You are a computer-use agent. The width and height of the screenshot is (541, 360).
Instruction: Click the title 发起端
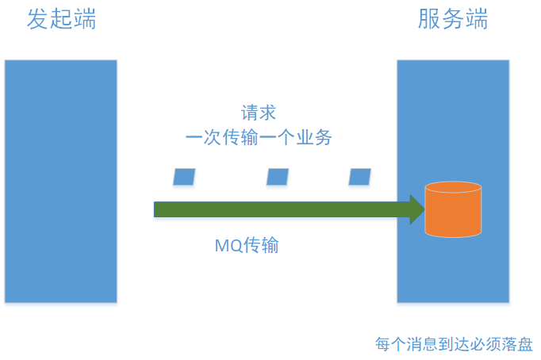(62, 19)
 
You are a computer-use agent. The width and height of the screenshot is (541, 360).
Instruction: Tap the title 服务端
(453, 19)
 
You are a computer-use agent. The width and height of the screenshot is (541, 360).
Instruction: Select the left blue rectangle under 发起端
(60, 181)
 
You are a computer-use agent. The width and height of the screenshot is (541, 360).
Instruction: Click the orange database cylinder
(453, 210)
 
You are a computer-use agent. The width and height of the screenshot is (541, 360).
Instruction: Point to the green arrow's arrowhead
(417, 209)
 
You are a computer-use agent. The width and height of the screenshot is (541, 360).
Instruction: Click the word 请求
(259, 113)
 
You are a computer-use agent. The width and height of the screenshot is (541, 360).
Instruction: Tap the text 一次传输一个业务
(259, 137)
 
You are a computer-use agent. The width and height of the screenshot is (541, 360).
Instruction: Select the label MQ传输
(247, 245)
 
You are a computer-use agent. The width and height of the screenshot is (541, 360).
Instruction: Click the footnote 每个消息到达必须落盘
(454, 344)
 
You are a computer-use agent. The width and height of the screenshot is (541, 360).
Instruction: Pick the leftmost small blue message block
(184, 177)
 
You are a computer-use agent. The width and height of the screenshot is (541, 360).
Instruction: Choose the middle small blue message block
(278, 177)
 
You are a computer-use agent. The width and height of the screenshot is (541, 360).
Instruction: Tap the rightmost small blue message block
(360, 177)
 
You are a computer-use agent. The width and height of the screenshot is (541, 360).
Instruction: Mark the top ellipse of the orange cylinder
(453, 189)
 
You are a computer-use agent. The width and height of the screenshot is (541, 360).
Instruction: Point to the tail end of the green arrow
(158, 209)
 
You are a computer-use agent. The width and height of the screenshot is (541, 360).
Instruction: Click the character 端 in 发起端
(85, 19)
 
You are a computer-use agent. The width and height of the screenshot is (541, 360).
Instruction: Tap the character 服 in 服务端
(429, 19)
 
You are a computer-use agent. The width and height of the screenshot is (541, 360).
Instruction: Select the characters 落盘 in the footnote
(517, 344)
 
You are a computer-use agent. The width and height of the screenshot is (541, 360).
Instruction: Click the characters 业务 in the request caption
(316, 137)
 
